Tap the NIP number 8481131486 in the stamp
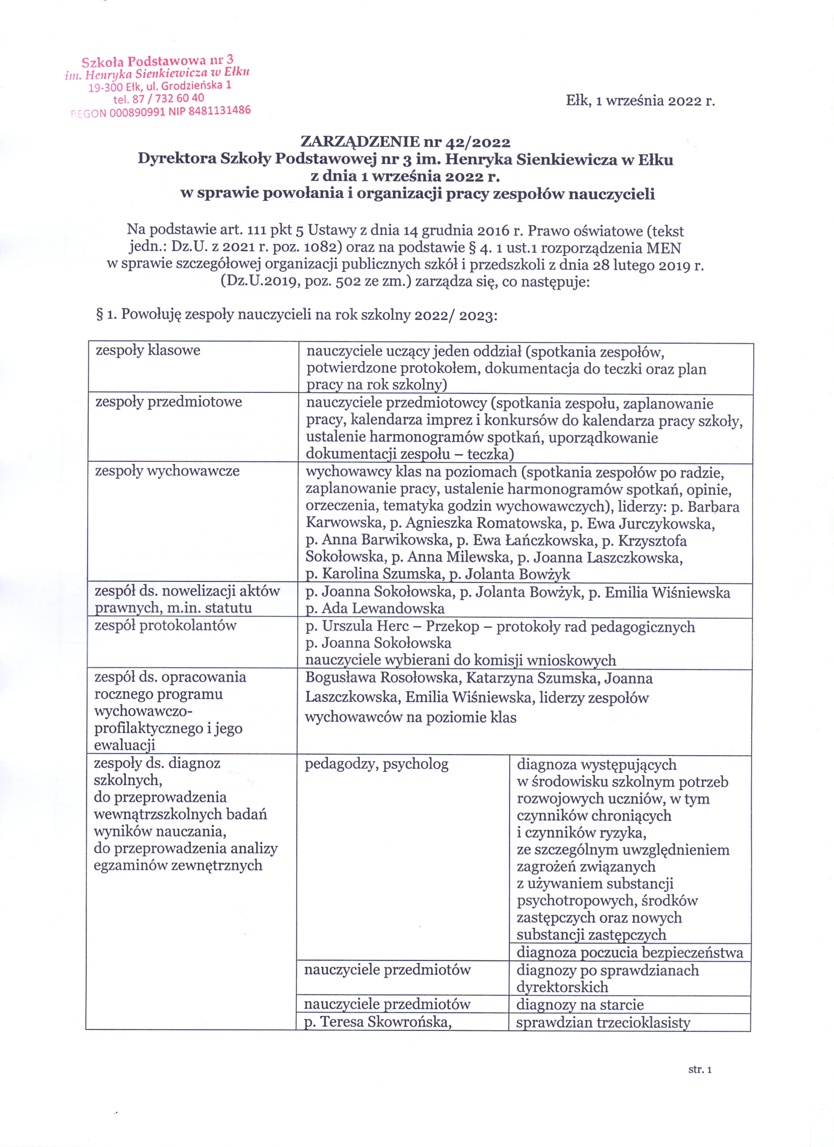pyautogui.click(x=219, y=111)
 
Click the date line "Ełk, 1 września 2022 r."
pyautogui.click(x=640, y=100)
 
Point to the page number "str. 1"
pyautogui.click(x=700, y=1069)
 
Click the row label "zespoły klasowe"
pyautogui.click(x=148, y=350)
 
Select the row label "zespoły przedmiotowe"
pyautogui.click(x=168, y=402)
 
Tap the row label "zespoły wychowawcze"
pyautogui.click(x=167, y=471)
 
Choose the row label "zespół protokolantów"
pyautogui.click(x=165, y=626)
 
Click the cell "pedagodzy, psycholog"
pyautogui.click(x=376, y=764)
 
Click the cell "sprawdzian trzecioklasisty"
pyautogui.click(x=603, y=1022)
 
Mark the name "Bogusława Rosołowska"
pyautogui.click(x=383, y=678)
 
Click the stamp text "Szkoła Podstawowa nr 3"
pyautogui.click(x=157, y=62)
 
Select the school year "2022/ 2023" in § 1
pyautogui.click(x=455, y=315)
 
